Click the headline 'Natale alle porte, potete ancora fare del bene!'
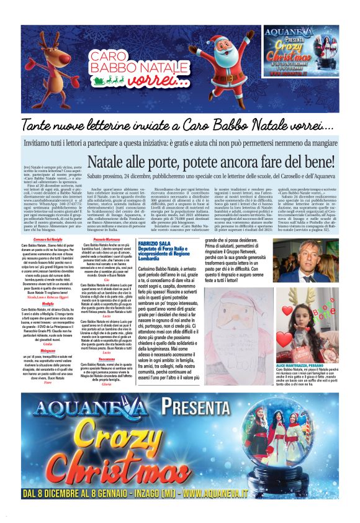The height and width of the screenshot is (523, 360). point(210,163)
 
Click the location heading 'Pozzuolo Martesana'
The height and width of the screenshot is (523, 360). point(107,240)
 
